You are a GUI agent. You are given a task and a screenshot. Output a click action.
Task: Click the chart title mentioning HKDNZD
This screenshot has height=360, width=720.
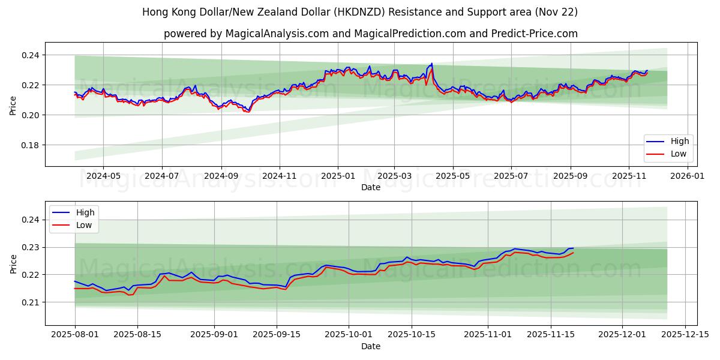point(360,12)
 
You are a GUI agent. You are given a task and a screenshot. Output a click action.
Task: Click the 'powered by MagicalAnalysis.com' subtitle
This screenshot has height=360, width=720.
point(370,34)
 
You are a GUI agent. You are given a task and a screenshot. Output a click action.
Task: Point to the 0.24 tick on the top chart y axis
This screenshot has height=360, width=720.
point(30,55)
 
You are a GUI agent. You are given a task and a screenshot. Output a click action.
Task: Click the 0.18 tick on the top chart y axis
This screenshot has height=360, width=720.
point(30,145)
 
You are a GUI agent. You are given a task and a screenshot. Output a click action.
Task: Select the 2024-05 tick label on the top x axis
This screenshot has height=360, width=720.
point(103,176)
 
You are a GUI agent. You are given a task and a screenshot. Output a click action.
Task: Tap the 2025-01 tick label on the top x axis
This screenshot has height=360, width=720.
point(338,176)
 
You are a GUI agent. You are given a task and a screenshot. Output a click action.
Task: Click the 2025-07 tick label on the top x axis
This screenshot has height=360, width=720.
point(511,176)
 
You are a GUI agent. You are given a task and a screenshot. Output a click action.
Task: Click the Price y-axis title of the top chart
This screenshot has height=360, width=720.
point(13,104)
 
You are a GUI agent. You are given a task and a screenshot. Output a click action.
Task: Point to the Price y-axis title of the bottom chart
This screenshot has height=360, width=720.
point(13,263)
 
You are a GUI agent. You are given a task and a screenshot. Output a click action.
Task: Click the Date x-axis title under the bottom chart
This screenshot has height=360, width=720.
point(370,346)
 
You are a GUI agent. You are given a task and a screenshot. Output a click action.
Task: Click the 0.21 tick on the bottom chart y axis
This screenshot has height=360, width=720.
point(30,302)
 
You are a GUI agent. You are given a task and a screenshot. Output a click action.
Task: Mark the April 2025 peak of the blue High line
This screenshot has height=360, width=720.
point(431,63)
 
